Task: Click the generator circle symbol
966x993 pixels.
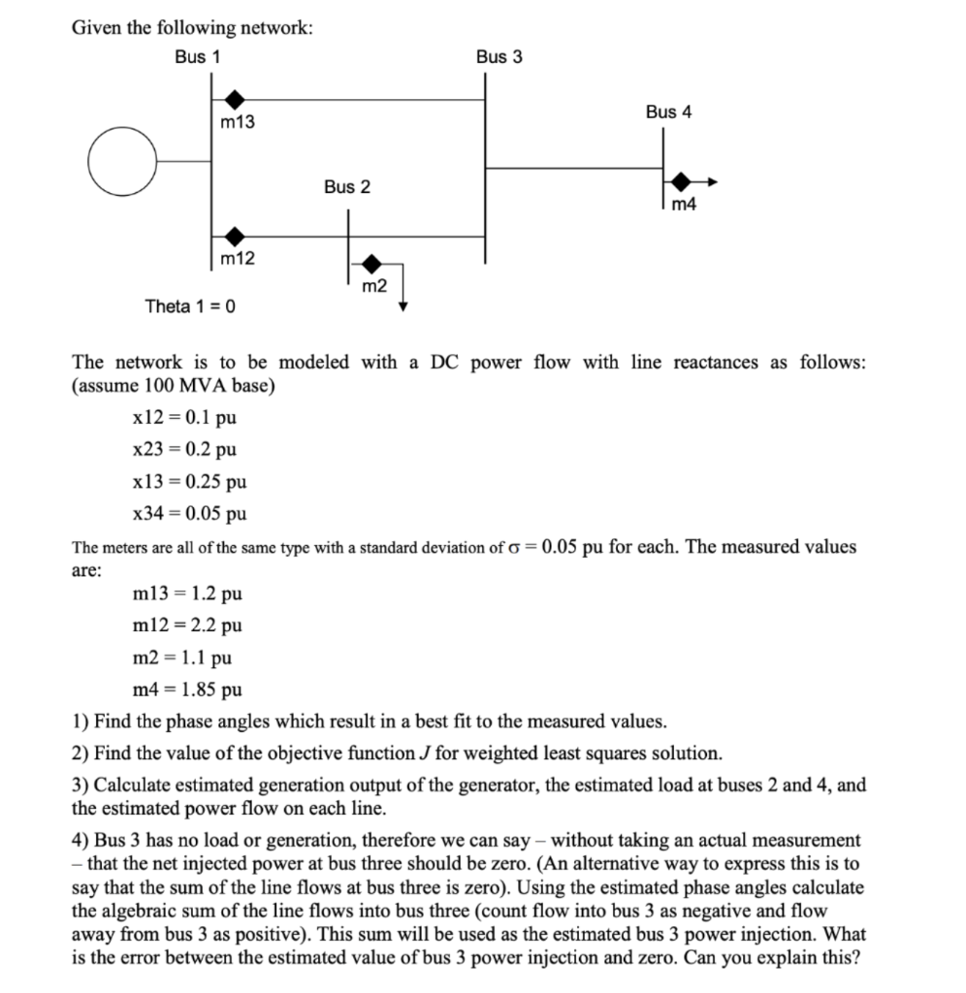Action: tap(119, 162)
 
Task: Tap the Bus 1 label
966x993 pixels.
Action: tap(197, 57)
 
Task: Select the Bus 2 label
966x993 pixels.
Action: tap(346, 186)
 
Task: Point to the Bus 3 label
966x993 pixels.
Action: tap(499, 57)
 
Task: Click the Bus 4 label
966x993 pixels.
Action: tap(668, 112)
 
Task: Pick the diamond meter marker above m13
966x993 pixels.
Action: tap(234, 99)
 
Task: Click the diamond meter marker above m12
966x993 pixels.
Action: tap(234, 236)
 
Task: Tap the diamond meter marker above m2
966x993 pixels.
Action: tap(371, 263)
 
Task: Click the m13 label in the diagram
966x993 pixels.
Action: tap(238, 123)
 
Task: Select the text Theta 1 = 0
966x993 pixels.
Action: tap(190, 306)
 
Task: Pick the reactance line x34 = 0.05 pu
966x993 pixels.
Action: tap(188, 513)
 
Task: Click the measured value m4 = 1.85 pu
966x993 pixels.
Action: tap(186, 690)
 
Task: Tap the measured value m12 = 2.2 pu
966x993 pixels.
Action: tap(186, 625)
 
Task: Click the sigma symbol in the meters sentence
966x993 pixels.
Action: tap(529, 547)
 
